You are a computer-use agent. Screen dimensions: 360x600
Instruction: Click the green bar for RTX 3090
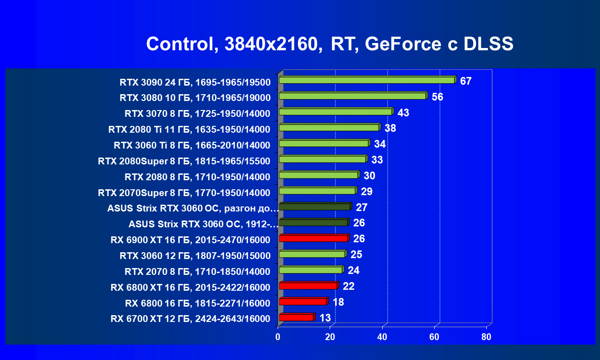point(367,80)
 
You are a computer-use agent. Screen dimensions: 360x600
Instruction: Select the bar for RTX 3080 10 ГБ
point(352,96)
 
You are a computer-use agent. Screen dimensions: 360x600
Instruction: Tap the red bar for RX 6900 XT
point(313,238)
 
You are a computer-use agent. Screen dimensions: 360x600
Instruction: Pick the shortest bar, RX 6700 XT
point(296,317)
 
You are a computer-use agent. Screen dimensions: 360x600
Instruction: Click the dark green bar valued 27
point(314,207)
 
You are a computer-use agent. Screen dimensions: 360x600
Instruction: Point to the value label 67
point(466,82)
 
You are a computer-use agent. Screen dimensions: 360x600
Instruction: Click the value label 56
point(437,97)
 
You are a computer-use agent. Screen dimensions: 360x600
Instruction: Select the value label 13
point(325,318)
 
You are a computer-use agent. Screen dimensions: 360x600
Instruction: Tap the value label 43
point(403,113)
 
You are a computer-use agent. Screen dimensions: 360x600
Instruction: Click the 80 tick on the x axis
point(486,337)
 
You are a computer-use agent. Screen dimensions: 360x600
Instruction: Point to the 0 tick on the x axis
point(278,337)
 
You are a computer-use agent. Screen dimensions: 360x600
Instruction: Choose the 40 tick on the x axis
point(382,337)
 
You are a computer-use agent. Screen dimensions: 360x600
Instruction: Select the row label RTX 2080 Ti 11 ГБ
point(189,130)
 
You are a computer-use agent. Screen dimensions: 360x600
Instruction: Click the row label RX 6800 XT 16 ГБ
point(190,288)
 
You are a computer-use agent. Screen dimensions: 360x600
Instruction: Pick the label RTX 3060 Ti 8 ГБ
point(192,145)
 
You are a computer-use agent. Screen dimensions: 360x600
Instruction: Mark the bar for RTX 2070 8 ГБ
point(310,270)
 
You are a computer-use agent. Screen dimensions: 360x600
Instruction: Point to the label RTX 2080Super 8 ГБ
point(184,161)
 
